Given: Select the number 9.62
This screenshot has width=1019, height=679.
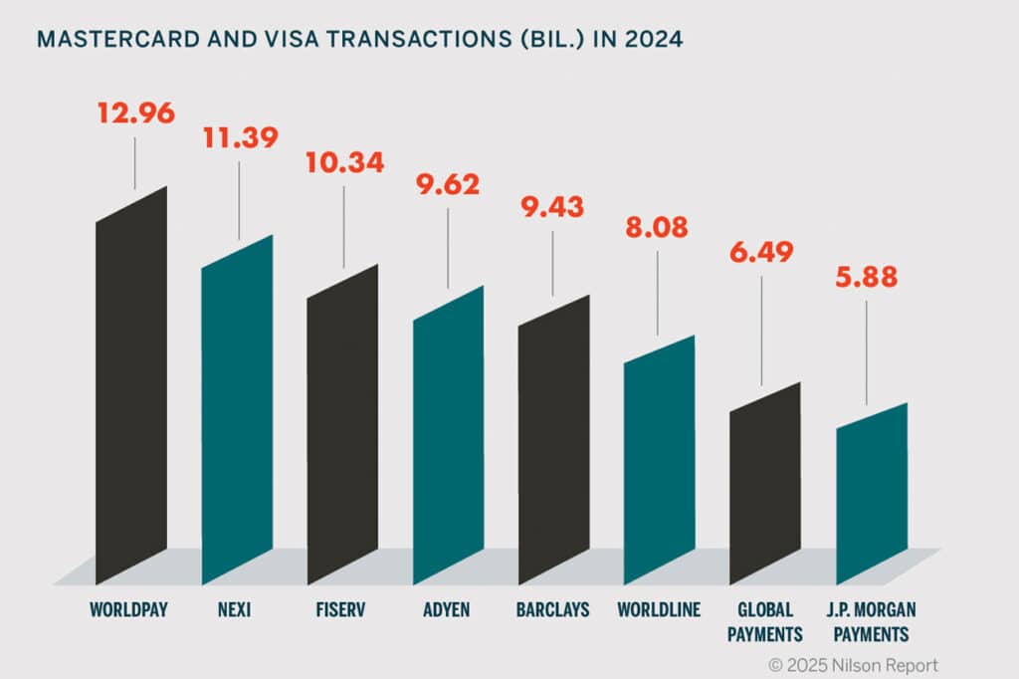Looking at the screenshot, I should pos(448,183).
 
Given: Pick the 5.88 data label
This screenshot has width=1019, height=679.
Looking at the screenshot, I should pos(866,279).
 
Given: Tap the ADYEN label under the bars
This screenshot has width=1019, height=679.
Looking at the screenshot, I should pos(445,608).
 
